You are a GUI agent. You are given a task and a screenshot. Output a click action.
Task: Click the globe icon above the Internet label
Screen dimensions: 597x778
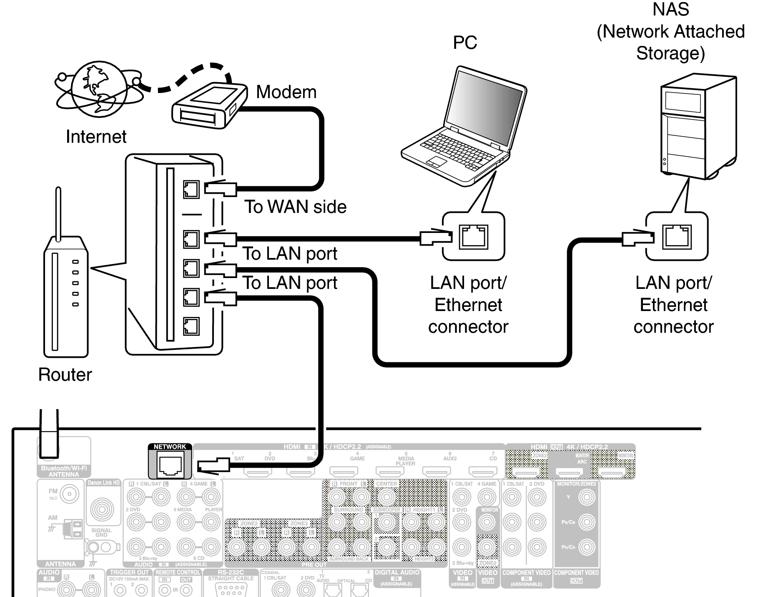point(99,88)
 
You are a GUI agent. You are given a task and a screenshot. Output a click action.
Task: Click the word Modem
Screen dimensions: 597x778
point(286,92)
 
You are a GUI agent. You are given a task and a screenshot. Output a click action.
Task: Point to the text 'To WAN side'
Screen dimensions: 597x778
point(295,207)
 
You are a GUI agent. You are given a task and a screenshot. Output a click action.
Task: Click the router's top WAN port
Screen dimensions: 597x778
point(191,189)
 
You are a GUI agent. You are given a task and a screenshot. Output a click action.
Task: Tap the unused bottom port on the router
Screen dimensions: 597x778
point(191,326)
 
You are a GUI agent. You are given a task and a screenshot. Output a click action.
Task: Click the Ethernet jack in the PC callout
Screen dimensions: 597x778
point(473,237)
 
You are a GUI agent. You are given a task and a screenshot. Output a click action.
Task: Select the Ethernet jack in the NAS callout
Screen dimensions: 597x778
point(677,237)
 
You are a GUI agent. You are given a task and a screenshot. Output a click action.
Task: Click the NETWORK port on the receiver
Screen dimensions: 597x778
point(170,465)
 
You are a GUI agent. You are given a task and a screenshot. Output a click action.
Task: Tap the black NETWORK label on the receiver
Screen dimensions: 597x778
point(170,447)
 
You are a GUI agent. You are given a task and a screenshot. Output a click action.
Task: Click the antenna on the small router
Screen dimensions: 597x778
point(58,213)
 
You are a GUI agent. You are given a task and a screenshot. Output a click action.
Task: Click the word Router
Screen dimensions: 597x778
point(65,374)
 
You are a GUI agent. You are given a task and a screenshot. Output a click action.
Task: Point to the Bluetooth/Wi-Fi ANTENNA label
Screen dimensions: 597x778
point(64,471)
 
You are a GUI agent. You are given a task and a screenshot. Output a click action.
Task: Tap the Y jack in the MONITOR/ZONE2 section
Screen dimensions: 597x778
point(587,497)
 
